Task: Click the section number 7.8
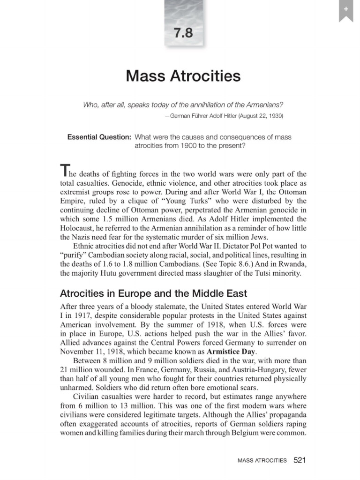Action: point(183,34)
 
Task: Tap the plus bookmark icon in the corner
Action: point(345,9)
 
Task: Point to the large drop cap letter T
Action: point(65,172)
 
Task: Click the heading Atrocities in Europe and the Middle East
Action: point(154,294)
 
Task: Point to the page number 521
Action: point(300,460)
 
